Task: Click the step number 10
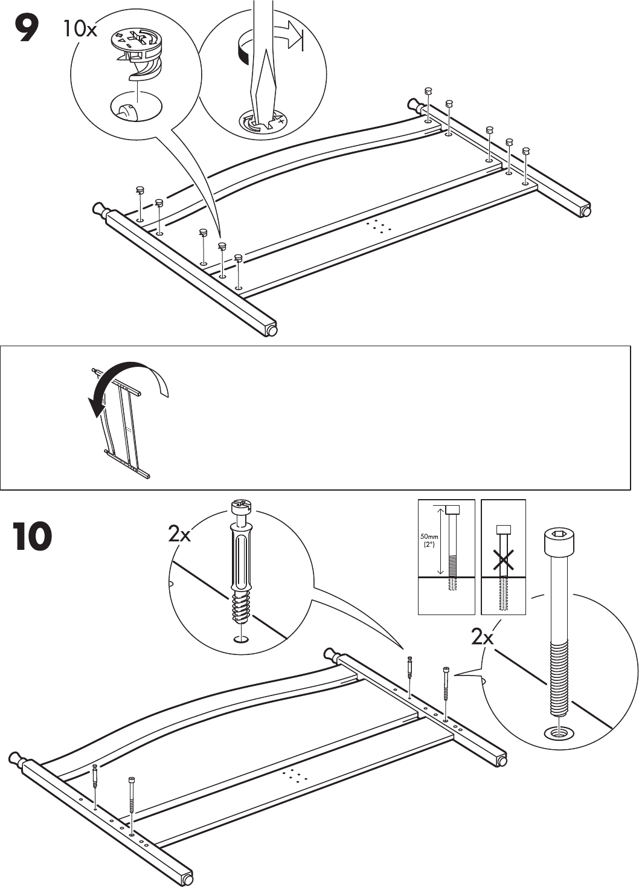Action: point(31,537)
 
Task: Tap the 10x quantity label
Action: point(79,28)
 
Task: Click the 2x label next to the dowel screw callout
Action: point(179,534)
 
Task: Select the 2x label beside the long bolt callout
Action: point(482,637)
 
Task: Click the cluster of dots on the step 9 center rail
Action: point(379,227)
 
